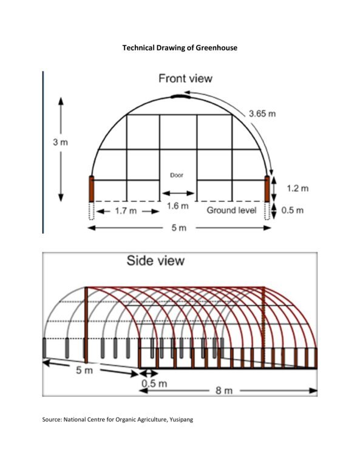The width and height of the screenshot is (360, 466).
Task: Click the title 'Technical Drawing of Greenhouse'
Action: (180, 48)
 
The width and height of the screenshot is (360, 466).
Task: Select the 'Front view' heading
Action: (186, 78)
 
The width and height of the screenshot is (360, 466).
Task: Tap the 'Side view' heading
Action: (155, 261)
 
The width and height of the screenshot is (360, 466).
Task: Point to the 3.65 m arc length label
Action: (262, 113)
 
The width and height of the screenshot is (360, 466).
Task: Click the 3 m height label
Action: (60, 143)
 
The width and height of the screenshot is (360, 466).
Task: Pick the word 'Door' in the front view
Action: (177, 175)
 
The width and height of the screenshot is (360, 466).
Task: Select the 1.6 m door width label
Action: (177, 206)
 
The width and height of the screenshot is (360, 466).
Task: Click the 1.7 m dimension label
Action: (126, 211)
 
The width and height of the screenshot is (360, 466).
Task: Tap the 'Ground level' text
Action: (231, 211)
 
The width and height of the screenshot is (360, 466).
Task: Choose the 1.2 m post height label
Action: (297, 189)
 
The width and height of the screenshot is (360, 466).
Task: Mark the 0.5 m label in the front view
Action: (293, 211)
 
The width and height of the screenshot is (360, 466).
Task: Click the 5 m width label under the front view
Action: (179, 228)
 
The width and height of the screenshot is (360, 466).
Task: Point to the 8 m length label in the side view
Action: (224, 390)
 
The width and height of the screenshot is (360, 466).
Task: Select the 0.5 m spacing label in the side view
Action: (154, 383)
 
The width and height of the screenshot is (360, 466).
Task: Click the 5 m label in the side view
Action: (84, 370)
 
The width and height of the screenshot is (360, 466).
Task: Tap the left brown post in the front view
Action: (92, 189)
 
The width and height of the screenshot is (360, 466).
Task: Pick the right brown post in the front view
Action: (267, 189)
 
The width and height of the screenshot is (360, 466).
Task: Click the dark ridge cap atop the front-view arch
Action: (180, 96)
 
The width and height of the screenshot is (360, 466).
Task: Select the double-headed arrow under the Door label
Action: (178, 194)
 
